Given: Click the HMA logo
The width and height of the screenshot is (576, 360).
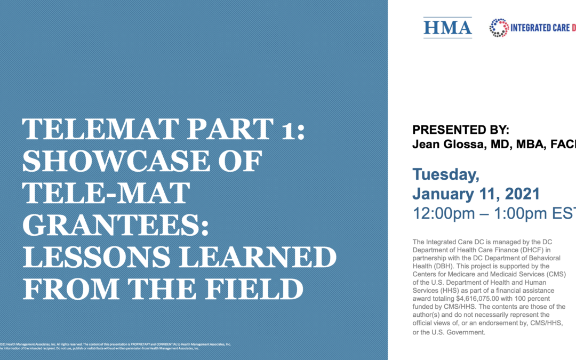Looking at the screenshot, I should coord(447,27).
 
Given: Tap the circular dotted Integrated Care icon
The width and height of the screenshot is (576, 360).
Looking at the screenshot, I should coord(499,28).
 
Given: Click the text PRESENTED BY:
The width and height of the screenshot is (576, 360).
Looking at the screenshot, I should coord(461,130).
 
